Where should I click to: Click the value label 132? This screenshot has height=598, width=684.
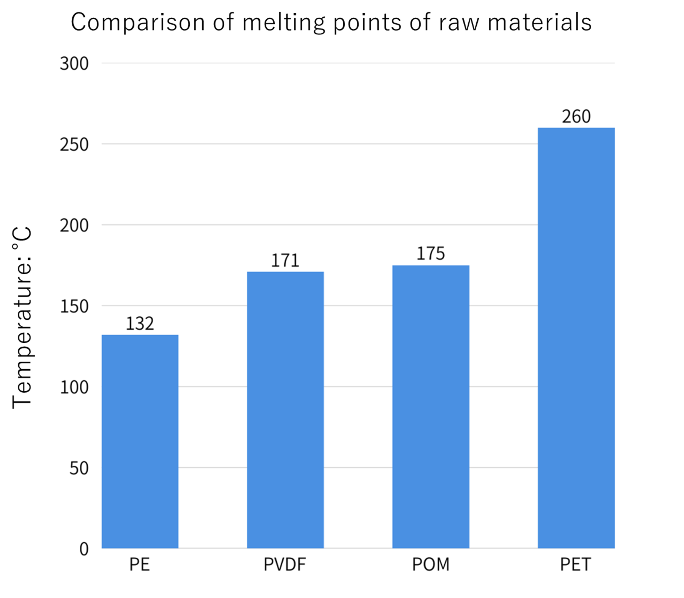[x=140, y=323]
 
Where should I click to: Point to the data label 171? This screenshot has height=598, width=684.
[x=285, y=260]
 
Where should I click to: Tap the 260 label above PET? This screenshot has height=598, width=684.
[x=576, y=116]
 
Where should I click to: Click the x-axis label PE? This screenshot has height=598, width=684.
[x=139, y=565]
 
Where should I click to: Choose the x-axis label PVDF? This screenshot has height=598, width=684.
[x=285, y=565]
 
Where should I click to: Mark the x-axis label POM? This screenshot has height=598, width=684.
[x=431, y=565]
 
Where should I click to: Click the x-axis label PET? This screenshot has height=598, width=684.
[x=576, y=565]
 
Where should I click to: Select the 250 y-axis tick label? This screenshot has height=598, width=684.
[x=74, y=144]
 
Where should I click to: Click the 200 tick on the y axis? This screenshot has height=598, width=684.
[x=74, y=226]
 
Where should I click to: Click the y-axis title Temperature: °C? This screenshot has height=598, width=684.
[x=22, y=317]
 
